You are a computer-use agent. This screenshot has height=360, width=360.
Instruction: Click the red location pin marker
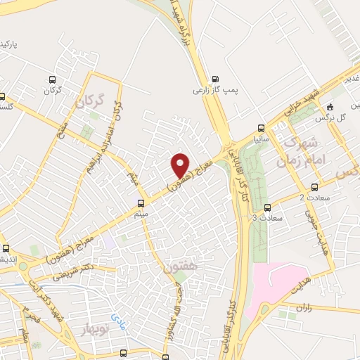click(x=181, y=165)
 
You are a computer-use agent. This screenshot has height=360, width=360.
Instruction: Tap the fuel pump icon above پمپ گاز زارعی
click(x=214, y=79)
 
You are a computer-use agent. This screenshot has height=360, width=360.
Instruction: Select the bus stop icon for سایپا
click(x=261, y=128)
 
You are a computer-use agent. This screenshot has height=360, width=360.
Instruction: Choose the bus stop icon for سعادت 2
click(x=314, y=187)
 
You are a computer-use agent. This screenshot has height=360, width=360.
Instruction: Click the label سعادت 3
click(x=264, y=219)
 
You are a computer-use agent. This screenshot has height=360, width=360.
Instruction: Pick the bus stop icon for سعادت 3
click(x=267, y=207)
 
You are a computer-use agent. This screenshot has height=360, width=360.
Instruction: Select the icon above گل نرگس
click(x=330, y=107)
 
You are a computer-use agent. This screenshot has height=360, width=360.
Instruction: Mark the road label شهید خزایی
click(x=303, y=103)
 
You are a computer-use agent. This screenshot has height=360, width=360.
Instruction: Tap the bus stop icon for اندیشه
click(x=6, y=248)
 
